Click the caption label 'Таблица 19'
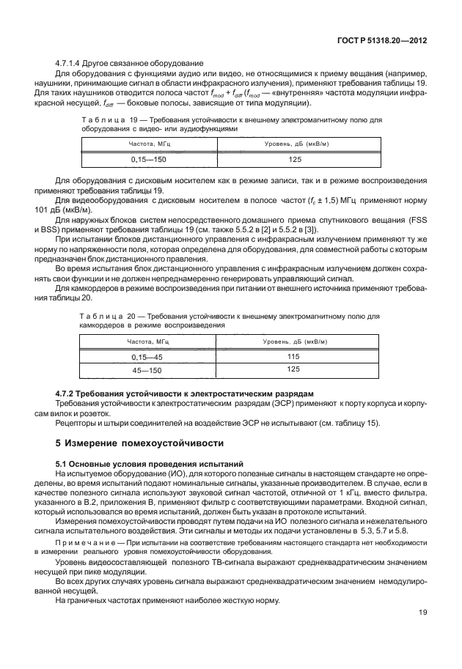point(105,119)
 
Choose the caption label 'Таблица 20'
point(105,316)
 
